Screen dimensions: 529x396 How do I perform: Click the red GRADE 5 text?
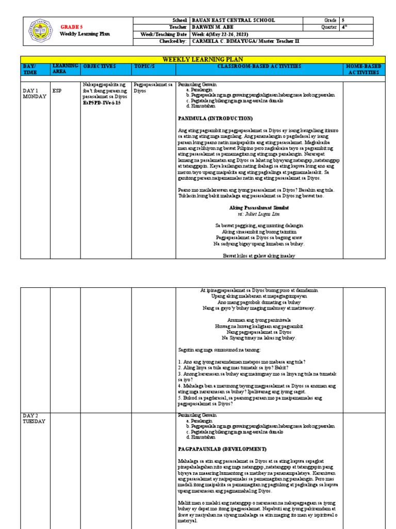pos(71,27)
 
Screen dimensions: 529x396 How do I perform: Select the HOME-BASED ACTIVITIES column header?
pos(364,70)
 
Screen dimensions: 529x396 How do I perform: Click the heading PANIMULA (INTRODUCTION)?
pos(215,118)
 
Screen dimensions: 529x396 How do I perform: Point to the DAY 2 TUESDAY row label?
pos(35,418)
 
